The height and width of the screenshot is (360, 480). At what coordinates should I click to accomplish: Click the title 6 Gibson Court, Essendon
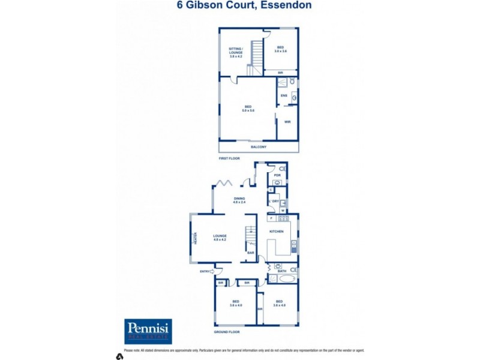[244, 5]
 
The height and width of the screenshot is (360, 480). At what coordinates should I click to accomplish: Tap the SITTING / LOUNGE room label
[236, 52]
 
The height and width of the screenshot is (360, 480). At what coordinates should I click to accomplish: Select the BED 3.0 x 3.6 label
[280, 49]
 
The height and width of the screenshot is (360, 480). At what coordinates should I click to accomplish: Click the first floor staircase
[256, 57]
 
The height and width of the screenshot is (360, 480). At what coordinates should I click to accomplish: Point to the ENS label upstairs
[284, 95]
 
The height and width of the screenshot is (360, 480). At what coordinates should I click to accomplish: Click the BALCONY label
[258, 147]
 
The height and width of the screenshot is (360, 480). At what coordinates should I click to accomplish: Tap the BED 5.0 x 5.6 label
[248, 109]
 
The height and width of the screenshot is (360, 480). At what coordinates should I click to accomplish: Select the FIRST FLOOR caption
[229, 158]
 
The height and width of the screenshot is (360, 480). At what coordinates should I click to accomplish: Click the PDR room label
[277, 175]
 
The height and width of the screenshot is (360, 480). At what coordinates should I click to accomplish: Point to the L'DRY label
[274, 201]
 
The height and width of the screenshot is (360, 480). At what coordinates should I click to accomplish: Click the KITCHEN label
[277, 231]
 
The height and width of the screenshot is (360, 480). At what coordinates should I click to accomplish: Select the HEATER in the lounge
[195, 239]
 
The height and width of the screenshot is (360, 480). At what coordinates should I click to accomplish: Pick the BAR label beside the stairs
[251, 253]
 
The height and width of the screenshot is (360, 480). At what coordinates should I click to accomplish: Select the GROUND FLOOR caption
[227, 331]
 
